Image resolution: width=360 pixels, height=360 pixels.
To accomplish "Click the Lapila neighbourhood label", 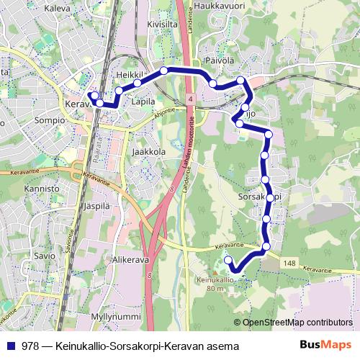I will click(x=144, y=102).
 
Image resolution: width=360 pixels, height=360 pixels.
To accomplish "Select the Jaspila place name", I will click(x=100, y=205).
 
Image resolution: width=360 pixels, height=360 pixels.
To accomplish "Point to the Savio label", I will click(x=44, y=256).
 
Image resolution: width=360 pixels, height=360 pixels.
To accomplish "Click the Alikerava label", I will click(x=130, y=258).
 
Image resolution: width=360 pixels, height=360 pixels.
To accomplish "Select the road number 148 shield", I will click(x=290, y=264).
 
